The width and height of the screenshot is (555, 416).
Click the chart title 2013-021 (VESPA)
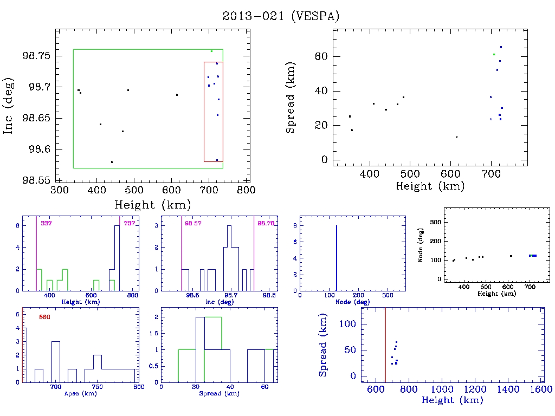[x=281, y=16]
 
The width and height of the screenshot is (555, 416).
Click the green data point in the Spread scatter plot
[x=494, y=54]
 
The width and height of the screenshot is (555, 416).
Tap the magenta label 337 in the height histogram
[x=45, y=223]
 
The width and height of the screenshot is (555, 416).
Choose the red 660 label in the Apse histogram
[x=44, y=317]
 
